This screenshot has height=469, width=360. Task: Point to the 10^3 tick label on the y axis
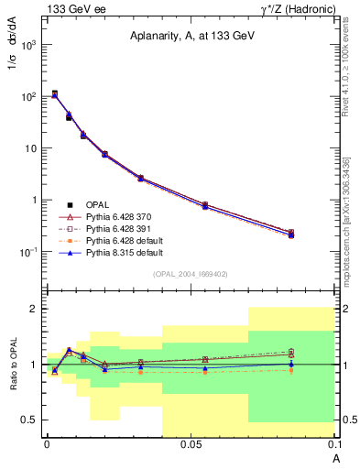tap(28, 44)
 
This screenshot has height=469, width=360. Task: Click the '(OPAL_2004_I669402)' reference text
tap(190, 273)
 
